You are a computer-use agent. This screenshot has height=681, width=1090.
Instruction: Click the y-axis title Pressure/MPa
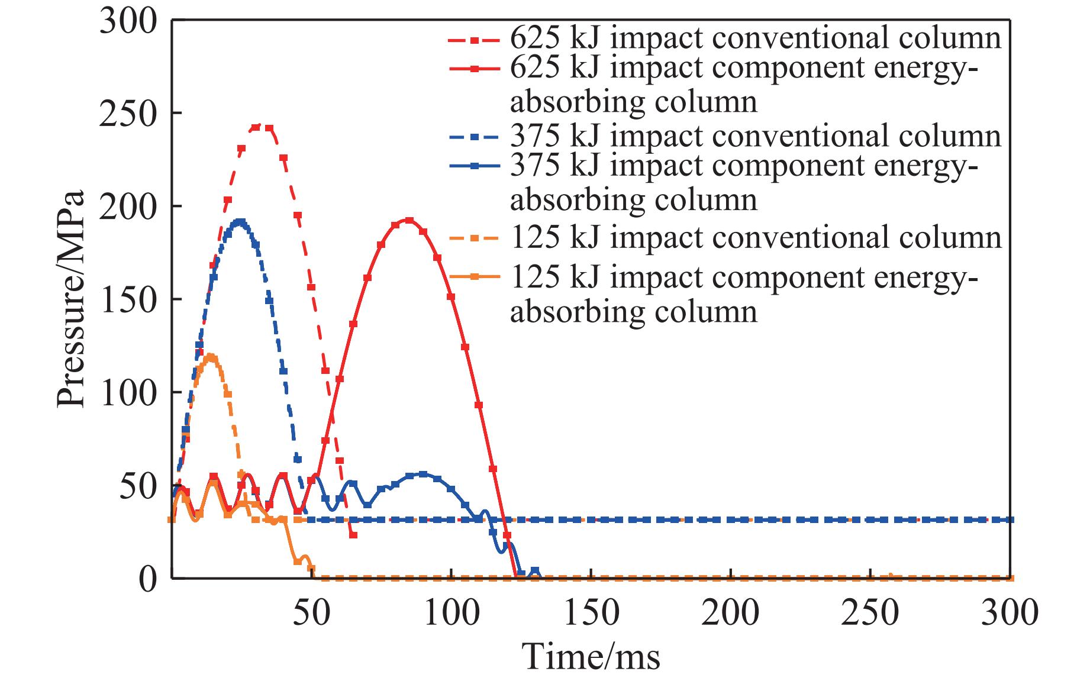click(71, 299)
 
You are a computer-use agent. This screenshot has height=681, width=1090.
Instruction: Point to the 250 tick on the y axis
click(129, 113)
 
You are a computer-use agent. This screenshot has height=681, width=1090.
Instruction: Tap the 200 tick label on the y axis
click(129, 206)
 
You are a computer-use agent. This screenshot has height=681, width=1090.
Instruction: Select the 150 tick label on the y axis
click(129, 299)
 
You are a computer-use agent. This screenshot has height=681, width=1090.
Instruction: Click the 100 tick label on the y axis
click(129, 392)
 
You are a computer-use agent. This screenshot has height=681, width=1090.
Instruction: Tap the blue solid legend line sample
click(476, 167)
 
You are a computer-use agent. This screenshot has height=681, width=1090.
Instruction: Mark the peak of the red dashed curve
click(262, 127)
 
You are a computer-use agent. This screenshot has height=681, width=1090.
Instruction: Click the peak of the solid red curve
click(408, 220)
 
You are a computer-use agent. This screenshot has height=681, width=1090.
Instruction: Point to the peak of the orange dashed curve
click(210, 357)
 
